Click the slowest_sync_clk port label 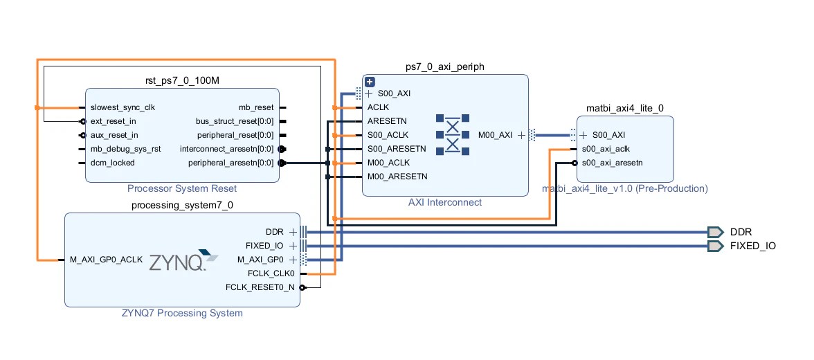(x=123, y=107)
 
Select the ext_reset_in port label (x=113, y=121)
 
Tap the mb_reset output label (x=256, y=107)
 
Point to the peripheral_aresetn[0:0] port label (x=231, y=163)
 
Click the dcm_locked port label (x=112, y=163)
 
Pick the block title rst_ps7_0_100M (x=182, y=81)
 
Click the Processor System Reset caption (x=182, y=188)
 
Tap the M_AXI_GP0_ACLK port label (x=106, y=260)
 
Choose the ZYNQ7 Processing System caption (x=182, y=313)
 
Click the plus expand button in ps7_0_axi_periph (x=370, y=82)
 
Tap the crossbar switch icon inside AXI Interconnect (x=453, y=135)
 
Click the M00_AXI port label (x=496, y=135)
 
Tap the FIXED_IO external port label (x=753, y=246)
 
